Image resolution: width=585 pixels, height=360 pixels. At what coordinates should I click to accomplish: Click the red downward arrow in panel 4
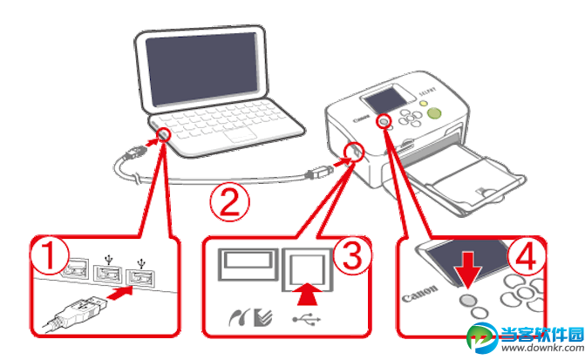point(467,265)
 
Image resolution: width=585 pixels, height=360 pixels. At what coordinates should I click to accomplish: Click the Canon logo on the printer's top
point(364,119)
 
